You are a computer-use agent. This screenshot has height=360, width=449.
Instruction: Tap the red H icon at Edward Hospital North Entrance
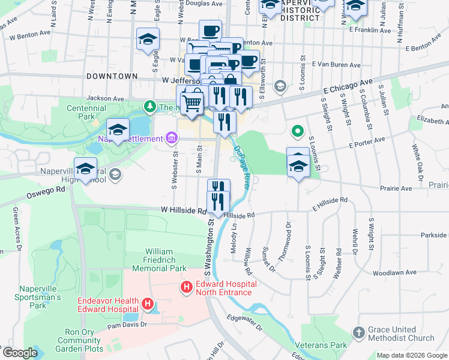[187, 288]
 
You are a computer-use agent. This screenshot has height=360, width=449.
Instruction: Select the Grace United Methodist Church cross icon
[359, 332]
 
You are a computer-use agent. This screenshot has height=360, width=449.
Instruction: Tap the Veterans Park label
[321, 346]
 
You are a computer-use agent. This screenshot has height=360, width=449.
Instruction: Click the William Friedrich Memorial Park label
[166, 260]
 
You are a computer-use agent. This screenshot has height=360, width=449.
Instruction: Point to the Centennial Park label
[86, 112]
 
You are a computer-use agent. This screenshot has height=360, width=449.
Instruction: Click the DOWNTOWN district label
[112, 77]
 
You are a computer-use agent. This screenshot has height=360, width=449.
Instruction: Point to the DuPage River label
[241, 169]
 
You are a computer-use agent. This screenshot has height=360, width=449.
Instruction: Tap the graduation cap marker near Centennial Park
[118, 130]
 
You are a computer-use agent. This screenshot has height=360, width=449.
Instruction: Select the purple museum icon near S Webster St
[172, 139]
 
